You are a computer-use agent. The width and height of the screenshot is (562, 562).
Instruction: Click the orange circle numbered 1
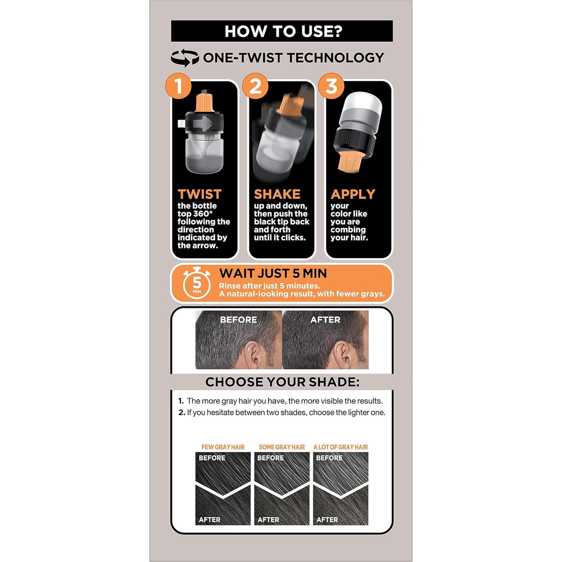[178, 86]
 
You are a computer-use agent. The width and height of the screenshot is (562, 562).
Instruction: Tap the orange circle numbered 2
[255, 86]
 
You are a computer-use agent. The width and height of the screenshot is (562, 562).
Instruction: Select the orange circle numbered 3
[331, 86]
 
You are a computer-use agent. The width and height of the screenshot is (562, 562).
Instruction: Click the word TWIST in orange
[200, 194]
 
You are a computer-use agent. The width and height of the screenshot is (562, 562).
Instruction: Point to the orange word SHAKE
[277, 194]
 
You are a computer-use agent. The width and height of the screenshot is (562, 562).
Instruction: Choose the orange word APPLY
[353, 194]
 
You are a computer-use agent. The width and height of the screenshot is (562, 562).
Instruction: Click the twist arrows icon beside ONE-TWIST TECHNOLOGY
[185, 58]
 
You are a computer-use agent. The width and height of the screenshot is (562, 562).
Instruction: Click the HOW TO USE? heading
[283, 31]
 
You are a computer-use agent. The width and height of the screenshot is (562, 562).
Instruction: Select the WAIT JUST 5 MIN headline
[273, 273]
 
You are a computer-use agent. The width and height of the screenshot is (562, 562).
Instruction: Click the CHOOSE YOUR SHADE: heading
[282, 382]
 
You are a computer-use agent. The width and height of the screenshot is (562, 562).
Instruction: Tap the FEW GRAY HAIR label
[223, 447]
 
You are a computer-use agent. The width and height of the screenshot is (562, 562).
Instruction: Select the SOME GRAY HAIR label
[282, 447]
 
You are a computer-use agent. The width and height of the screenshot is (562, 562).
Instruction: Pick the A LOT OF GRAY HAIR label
[341, 447]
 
